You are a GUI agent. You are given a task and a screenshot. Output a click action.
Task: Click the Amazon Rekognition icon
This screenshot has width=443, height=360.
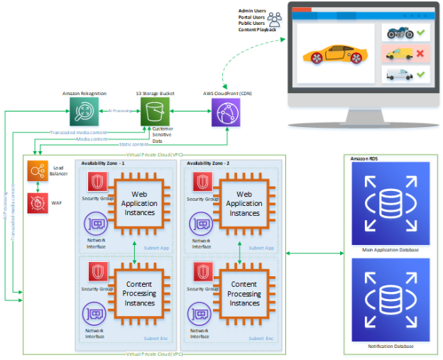pos(83,112)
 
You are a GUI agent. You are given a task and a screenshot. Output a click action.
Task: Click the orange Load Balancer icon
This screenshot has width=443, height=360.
pos(38,171)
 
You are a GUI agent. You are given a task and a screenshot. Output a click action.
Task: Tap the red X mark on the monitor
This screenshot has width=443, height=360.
pos(420,53)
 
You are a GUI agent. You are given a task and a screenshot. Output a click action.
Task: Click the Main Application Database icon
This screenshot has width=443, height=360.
pos(390,204)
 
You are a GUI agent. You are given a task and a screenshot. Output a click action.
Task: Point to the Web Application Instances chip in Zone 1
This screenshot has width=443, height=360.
pos(140,204)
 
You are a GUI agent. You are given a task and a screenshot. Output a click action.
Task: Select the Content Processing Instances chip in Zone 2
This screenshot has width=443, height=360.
pos(244,293)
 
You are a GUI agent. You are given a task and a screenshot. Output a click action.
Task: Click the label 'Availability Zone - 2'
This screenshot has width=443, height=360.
pos(211,163)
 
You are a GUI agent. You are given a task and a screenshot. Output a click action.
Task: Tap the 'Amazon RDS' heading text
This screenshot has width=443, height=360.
pos(364,158)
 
